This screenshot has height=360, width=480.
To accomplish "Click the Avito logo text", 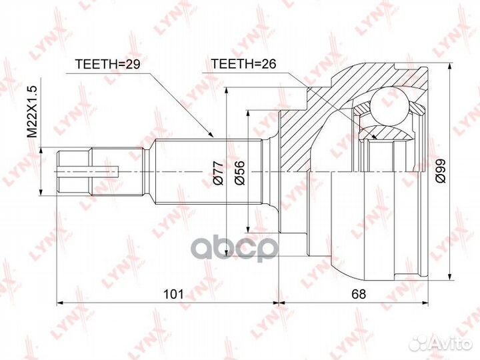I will tap(447, 343).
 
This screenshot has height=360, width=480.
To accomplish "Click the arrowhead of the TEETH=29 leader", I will tap(213, 137).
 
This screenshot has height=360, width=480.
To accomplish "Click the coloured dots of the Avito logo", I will tap(419, 343).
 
